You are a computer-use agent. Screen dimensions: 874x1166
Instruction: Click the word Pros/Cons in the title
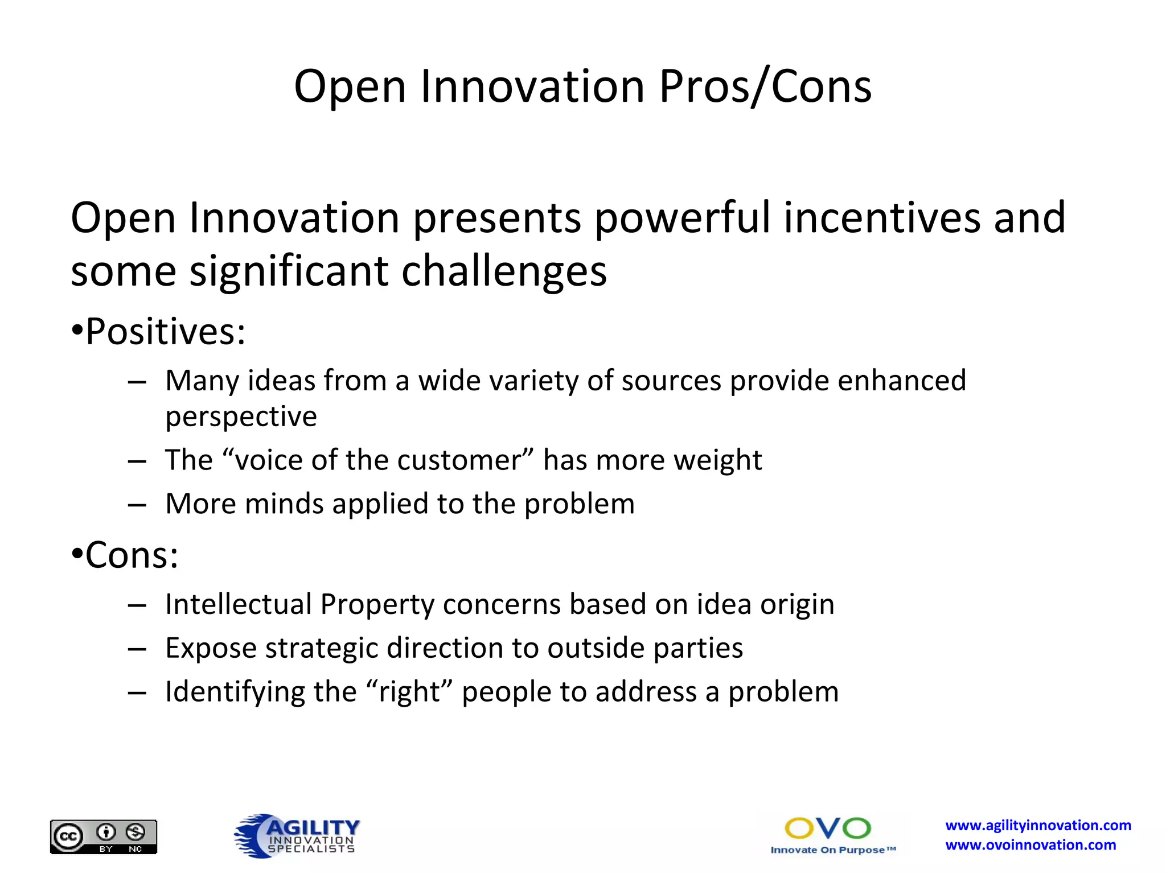[765, 87]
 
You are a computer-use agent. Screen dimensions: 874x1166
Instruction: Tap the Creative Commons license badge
[103, 836]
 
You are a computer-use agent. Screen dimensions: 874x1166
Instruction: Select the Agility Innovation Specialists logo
[297, 835]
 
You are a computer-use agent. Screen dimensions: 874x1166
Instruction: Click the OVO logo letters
[827, 828]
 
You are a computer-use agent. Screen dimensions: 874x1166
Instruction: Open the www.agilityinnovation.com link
[1038, 825]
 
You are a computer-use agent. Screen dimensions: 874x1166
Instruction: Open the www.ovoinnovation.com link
[1030, 845]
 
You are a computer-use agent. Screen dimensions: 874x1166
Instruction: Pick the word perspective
[241, 417]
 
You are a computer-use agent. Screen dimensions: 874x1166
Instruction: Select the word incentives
[882, 218]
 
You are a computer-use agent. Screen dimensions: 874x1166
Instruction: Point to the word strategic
[322, 648]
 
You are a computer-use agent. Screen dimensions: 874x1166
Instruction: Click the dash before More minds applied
[137, 505]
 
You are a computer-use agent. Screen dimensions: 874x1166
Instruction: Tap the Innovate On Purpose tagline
[833, 850]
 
